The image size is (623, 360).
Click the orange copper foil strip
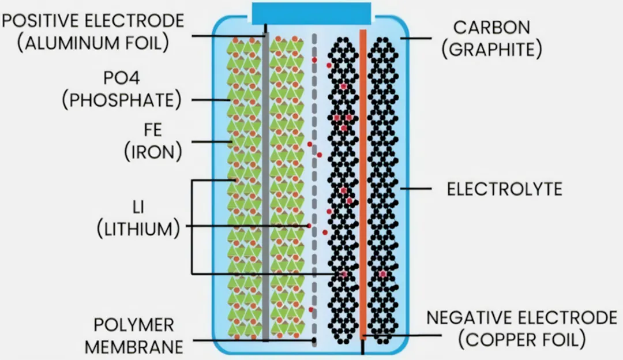[x=363, y=173]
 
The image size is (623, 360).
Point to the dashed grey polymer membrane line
[x=314, y=173]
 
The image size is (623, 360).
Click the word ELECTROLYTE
[x=505, y=189]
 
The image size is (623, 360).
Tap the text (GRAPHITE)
[x=492, y=50]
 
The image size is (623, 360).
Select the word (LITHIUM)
[x=137, y=228]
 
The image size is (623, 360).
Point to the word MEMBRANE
[x=134, y=346]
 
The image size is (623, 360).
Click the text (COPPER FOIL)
[x=522, y=339]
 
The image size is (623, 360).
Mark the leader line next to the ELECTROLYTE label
[x=418, y=189]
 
